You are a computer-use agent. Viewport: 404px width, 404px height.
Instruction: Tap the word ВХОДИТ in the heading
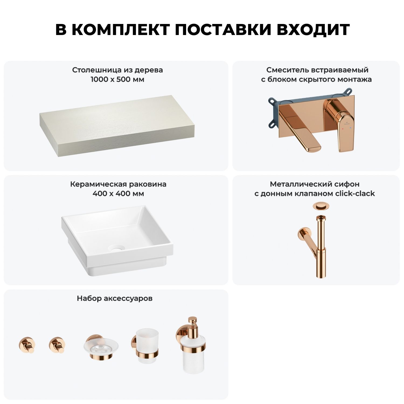313,30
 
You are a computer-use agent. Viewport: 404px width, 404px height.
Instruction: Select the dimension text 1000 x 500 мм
117,79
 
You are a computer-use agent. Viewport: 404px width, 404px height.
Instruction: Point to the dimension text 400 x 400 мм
118,194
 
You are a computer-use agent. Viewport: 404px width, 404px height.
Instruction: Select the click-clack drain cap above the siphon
319,207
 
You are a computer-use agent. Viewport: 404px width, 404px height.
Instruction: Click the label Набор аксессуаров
115,298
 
